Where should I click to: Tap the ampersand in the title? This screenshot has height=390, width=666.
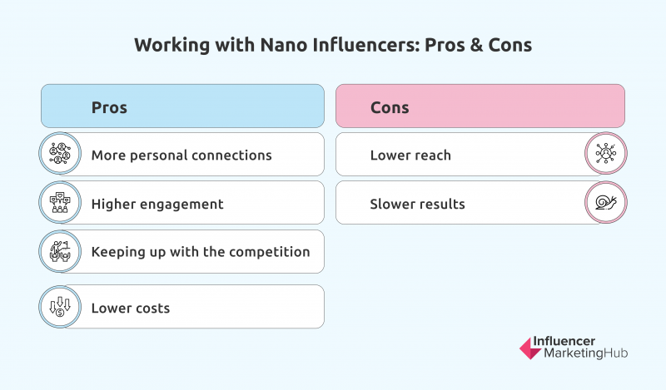coord(477,45)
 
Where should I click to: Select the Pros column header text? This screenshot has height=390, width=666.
coord(109,108)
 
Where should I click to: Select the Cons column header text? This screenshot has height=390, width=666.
coord(390,108)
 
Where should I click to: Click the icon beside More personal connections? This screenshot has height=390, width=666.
coord(60,154)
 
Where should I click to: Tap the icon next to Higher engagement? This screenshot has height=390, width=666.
coord(60,202)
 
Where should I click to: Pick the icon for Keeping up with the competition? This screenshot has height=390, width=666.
coord(60,251)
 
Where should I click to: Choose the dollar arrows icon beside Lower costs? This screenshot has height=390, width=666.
coord(60,306)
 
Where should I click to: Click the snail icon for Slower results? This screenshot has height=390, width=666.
coord(606,202)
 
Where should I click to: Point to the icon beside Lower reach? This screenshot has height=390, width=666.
coord(606,154)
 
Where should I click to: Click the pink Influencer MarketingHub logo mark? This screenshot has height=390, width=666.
coord(530,348)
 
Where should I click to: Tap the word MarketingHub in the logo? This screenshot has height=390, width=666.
coord(586,353)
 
